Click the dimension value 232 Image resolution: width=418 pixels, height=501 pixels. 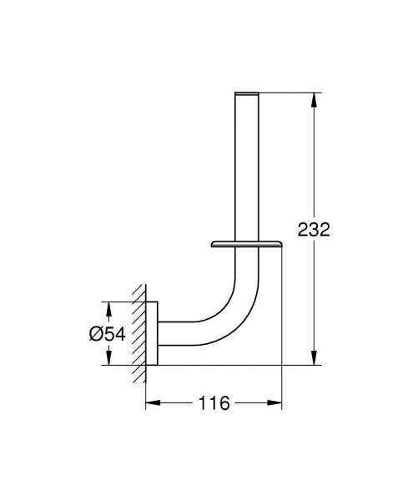(x=314, y=229)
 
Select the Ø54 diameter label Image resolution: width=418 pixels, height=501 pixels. (x=108, y=333)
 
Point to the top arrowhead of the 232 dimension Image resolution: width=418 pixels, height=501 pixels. (x=314, y=99)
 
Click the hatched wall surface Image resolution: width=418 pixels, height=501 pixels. (x=136, y=332)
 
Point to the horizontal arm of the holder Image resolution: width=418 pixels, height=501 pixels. (x=179, y=332)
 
